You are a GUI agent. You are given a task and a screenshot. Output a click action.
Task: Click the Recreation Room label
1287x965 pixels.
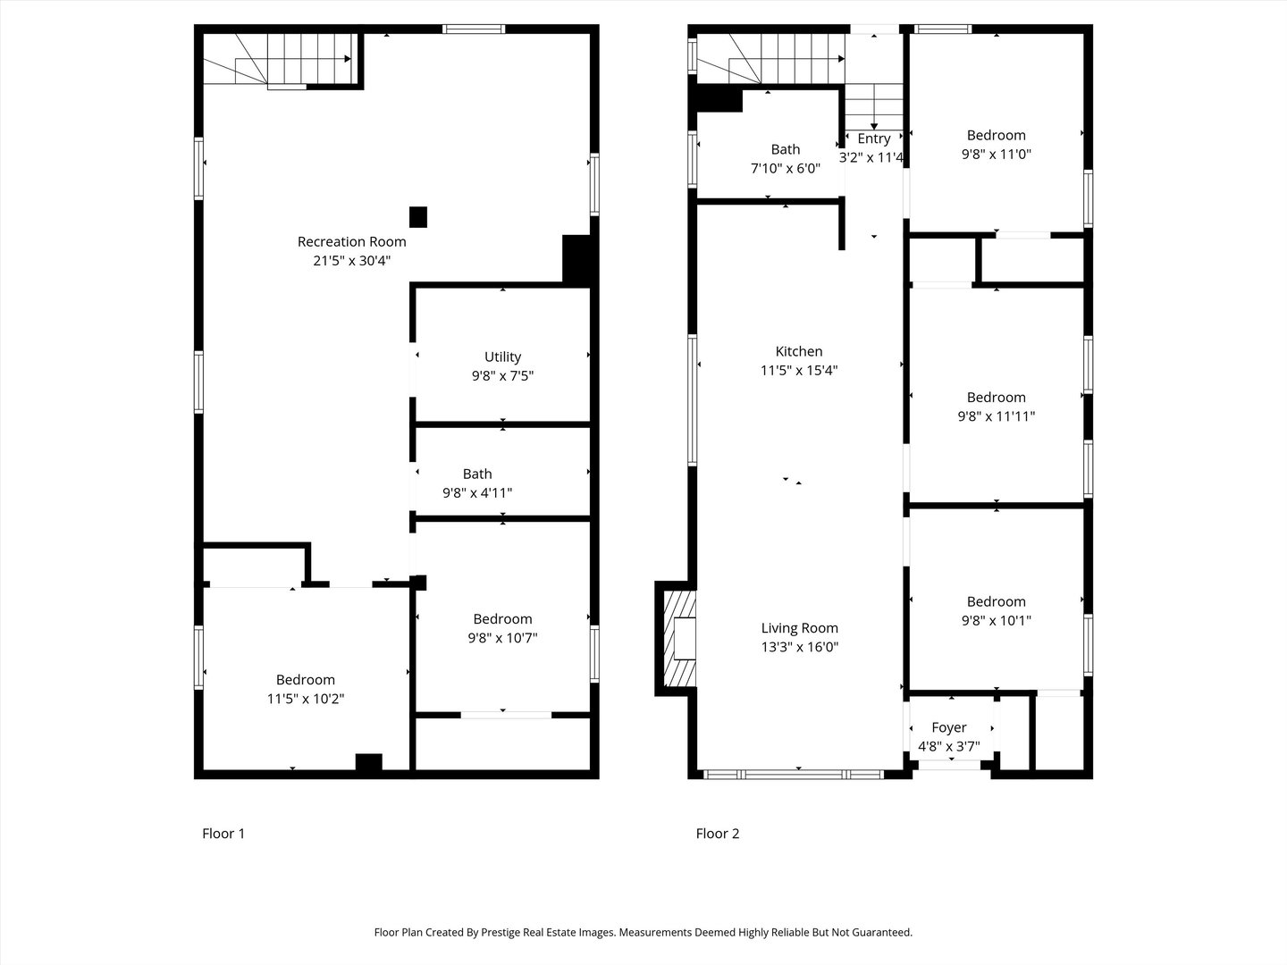pos(351,241)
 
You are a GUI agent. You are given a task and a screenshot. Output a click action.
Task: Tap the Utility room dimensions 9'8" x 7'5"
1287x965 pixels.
pos(502,376)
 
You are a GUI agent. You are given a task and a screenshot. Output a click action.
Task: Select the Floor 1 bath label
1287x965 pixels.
pos(477,474)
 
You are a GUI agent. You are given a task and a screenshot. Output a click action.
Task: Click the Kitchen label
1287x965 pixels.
pos(798,351)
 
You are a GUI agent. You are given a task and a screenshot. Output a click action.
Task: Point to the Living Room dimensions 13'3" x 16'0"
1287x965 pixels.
pos(799,647)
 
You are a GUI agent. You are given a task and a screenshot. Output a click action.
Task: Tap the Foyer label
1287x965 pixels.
pos(948,727)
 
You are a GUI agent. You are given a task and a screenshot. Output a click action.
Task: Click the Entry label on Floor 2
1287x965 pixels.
pos(873,138)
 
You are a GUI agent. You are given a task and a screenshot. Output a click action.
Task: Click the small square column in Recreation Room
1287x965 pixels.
pos(417,216)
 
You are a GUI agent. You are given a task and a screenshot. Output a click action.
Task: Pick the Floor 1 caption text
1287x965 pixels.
pos(223,834)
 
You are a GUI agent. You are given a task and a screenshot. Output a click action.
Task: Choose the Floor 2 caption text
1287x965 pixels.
pos(718,834)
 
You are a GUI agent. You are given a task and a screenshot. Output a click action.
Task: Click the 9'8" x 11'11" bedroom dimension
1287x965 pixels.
pos(996,415)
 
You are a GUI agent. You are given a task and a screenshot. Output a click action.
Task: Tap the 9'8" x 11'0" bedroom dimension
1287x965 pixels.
pos(996,154)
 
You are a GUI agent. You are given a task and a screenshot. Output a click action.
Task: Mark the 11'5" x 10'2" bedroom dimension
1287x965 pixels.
pos(306,699)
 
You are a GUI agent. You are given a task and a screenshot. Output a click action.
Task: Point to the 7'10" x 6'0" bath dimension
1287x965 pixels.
pos(785,168)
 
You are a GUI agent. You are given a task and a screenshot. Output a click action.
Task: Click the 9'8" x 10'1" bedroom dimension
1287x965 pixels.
pos(996,620)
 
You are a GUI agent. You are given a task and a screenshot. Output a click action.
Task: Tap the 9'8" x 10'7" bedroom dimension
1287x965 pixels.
pos(502,638)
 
